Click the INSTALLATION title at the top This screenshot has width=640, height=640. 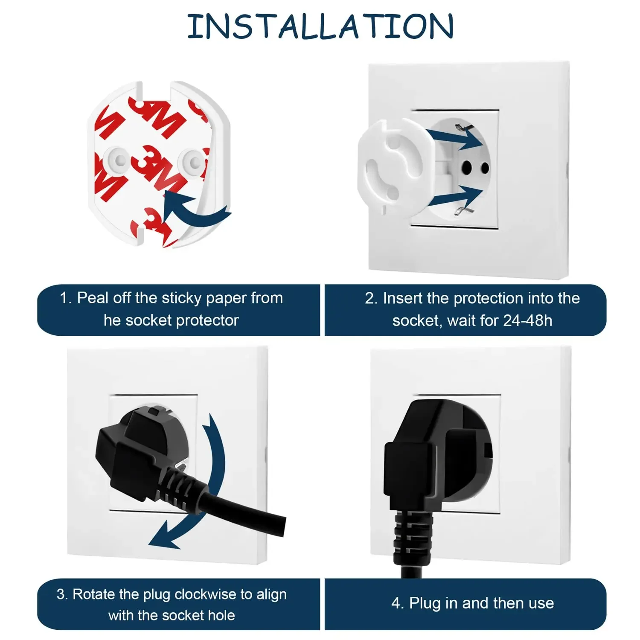tap(320, 26)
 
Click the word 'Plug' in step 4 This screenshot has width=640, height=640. tap(425, 603)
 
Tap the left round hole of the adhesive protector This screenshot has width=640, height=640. tap(119, 160)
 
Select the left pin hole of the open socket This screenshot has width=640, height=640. tap(467, 167)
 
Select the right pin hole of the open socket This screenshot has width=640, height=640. tap(485, 169)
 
